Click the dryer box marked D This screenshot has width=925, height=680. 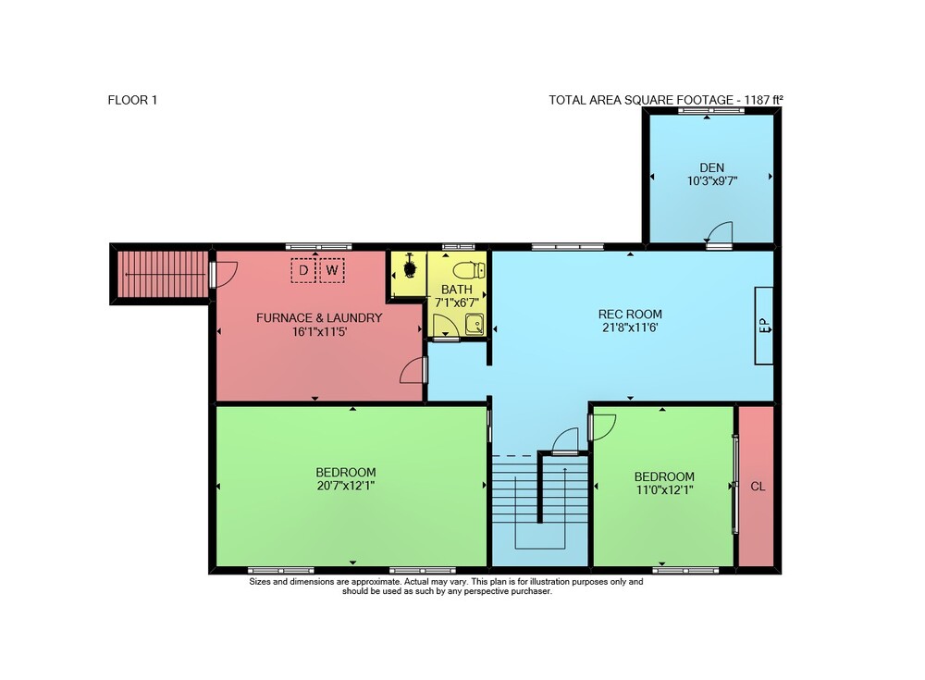[x=303, y=270]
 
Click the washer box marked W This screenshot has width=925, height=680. [x=332, y=270]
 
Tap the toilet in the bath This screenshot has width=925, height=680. [x=470, y=270]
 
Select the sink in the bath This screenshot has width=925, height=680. [x=474, y=324]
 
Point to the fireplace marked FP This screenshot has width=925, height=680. [x=764, y=326]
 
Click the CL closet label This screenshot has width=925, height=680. [x=758, y=487]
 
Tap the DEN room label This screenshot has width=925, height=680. [x=712, y=167]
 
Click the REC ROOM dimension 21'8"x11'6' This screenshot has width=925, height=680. [x=630, y=328]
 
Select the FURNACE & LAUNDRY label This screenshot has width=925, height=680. [x=319, y=317]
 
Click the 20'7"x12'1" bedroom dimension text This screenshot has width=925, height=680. [x=346, y=486]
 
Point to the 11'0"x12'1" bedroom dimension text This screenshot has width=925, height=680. [x=664, y=490]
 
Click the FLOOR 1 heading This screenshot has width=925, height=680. [x=132, y=100]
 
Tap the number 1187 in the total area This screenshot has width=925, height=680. [x=757, y=100]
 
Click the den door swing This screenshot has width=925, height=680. [x=720, y=232]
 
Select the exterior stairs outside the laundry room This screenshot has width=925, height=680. [x=159, y=274]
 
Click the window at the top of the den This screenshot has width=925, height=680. [x=706, y=110]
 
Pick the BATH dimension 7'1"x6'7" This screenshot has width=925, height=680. [x=457, y=303]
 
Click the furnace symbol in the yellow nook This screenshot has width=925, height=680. [x=409, y=267]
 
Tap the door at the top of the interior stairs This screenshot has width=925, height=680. [x=564, y=441]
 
